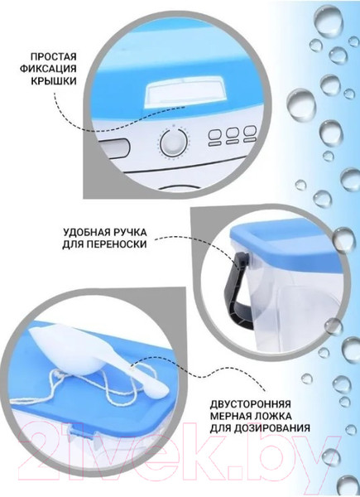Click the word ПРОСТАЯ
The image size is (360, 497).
[53, 57]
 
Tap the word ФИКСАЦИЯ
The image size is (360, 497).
[48, 69]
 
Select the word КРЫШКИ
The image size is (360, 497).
[54, 81]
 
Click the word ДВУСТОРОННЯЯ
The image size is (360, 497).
[250, 404]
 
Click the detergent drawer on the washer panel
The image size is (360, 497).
[114, 147]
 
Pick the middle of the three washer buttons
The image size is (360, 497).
[232, 136]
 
